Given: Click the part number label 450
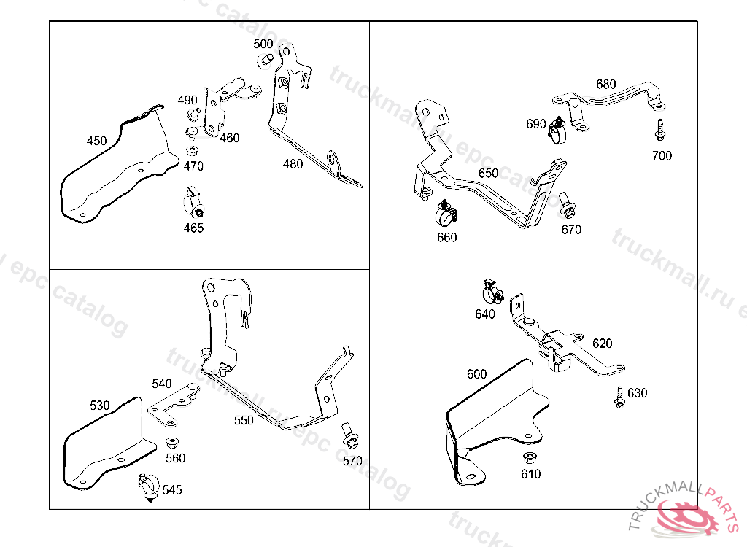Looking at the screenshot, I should pos(96,141).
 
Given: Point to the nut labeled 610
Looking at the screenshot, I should pos(530,458).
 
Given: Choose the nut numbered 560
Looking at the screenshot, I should pos(174,442).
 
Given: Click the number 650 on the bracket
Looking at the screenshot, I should pos(488,174).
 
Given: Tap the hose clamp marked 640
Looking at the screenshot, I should pos(492,292).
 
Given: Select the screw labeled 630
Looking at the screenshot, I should pos(619,397).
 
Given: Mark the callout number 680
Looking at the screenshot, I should pos(605,84).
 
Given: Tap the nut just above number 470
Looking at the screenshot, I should pos(191,151).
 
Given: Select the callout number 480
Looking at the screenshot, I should pos(293,164).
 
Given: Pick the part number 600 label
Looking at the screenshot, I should pos(476,374).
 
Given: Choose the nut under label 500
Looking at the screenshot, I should pos(266,60).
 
